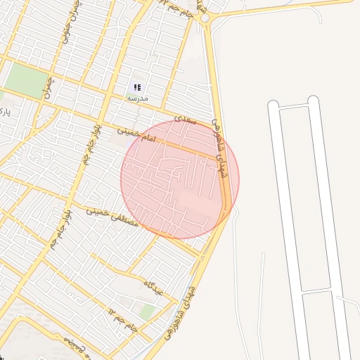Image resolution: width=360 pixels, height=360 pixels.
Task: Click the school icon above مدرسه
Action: (138, 87)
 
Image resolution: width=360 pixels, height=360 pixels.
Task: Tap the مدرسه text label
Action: (138, 99)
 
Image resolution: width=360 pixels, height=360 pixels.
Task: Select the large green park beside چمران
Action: (27, 81)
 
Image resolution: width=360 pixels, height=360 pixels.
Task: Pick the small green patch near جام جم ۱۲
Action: (147, 311)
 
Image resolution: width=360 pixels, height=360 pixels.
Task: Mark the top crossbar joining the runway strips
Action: (293, 105)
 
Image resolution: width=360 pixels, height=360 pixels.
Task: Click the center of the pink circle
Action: (180, 179)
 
